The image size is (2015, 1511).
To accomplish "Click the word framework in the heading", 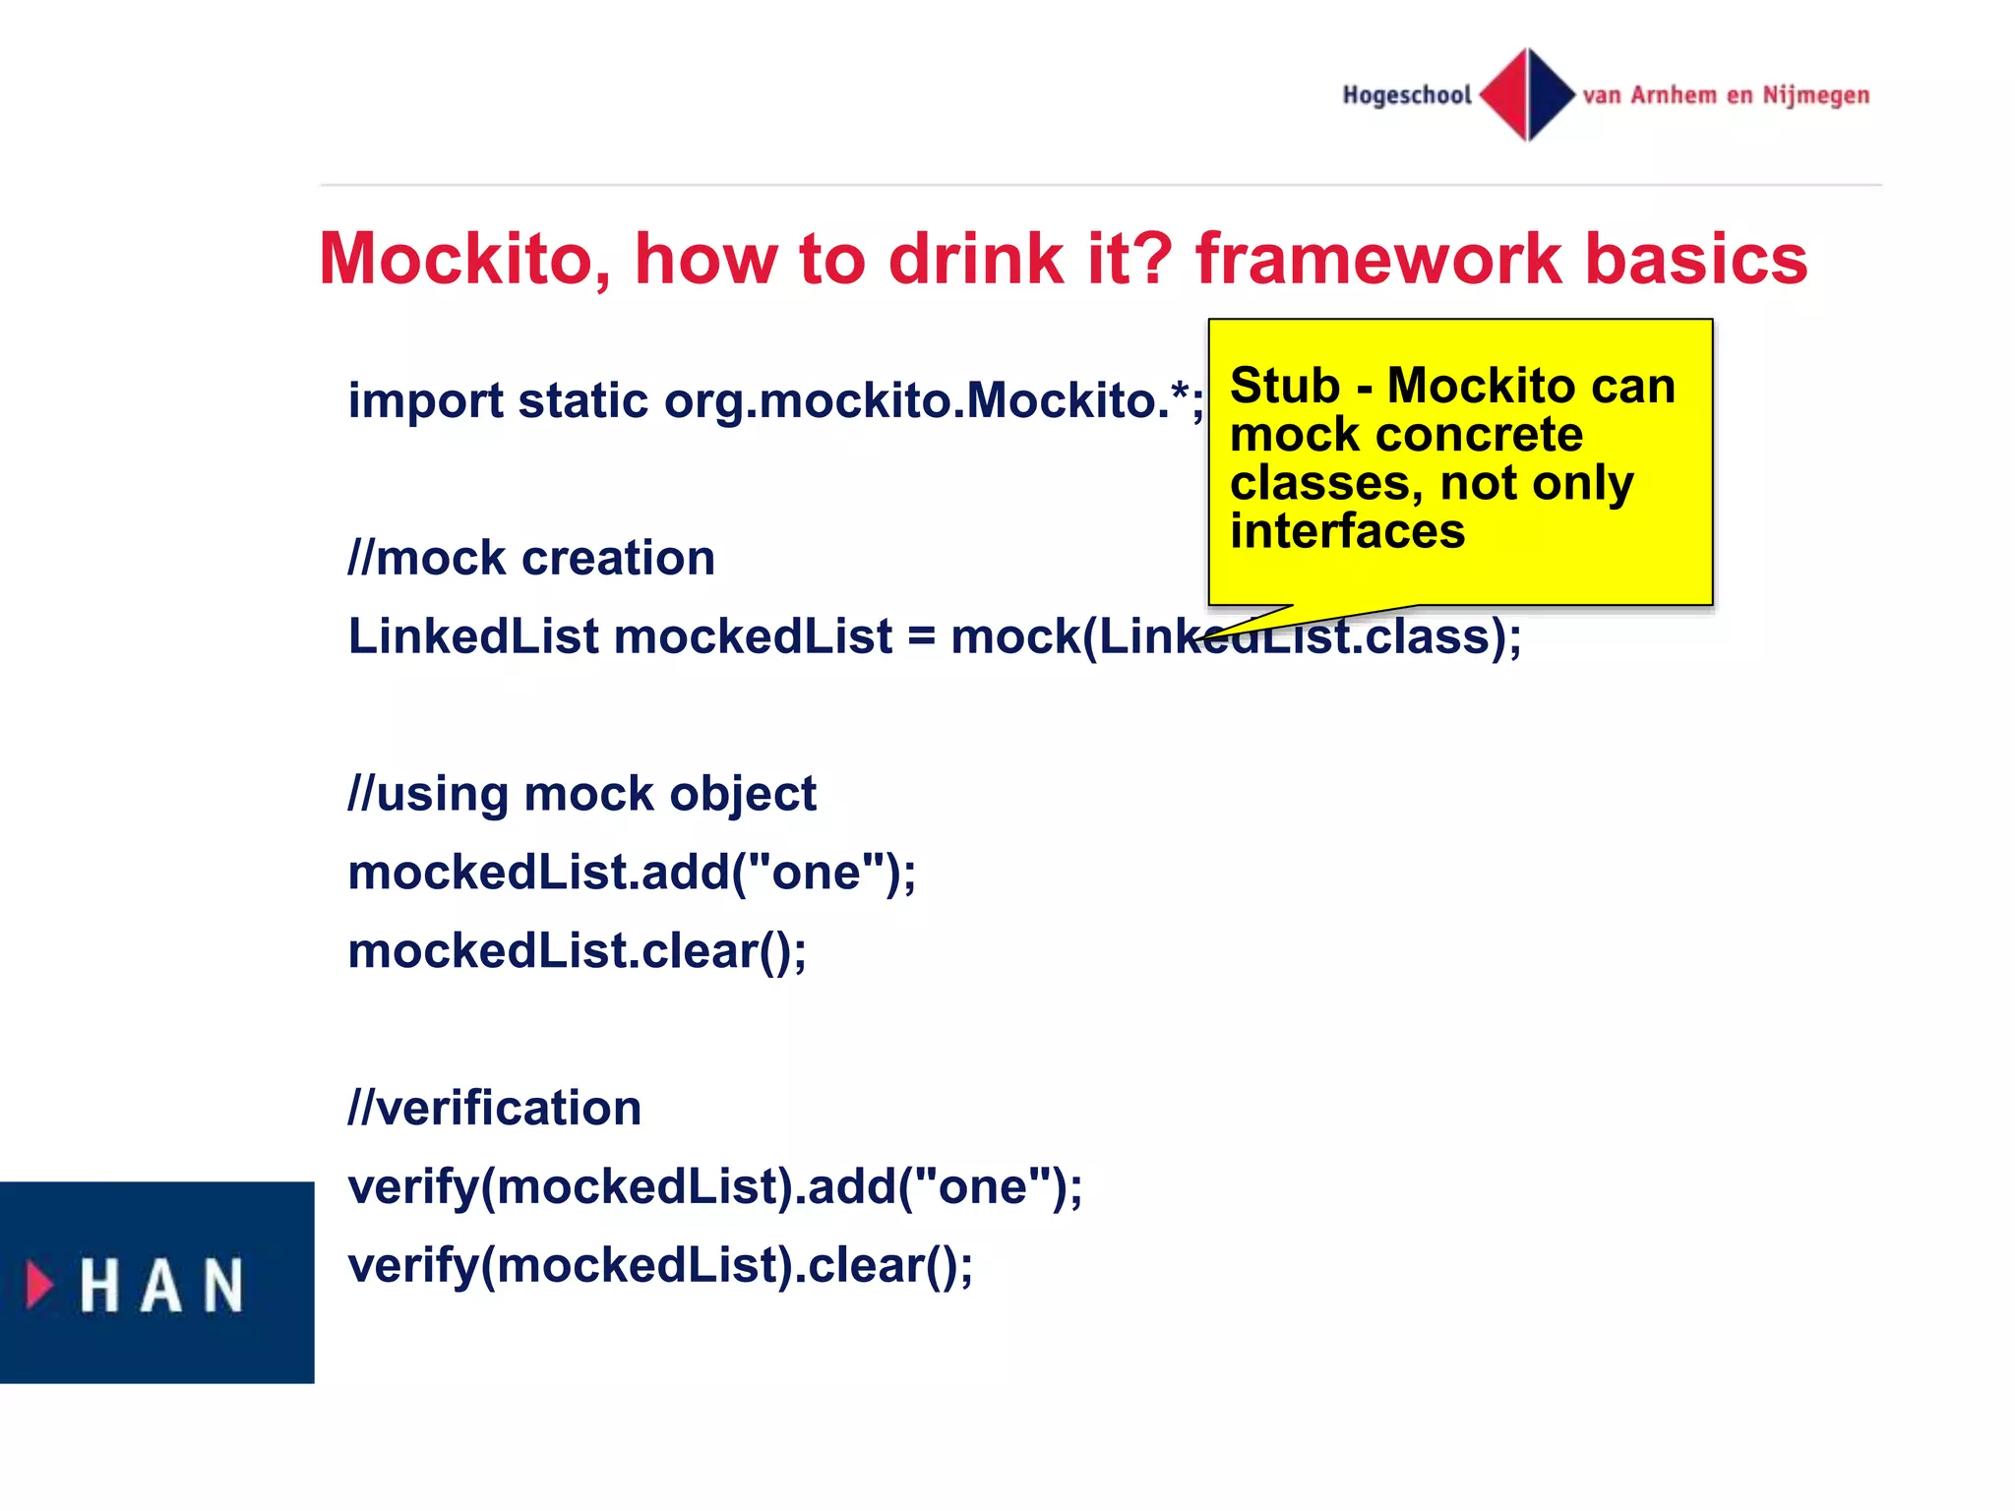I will tap(1377, 260).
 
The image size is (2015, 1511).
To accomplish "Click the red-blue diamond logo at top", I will tap(1527, 94).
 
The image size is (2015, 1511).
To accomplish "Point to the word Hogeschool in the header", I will tap(1407, 95).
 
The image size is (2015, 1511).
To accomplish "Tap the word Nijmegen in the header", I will tap(1815, 95).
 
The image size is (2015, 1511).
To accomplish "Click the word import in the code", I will tap(425, 401).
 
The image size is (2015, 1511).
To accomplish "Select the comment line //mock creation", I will tap(531, 559).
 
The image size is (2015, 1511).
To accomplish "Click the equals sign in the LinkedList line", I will tap(921, 637).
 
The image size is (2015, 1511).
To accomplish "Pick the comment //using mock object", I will tap(582, 794).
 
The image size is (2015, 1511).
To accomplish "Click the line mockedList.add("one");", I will tap(632, 873).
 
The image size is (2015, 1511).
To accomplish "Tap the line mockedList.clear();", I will tap(578, 951).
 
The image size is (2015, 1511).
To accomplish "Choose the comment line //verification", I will tap(495, 1109).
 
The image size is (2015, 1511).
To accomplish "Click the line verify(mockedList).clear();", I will tap(660, 1266).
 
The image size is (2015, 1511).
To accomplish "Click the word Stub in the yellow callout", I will tap(1284, 386).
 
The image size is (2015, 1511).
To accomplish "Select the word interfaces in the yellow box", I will tap(1347, 531).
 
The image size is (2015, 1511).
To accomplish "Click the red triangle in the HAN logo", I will tap(39, 1285).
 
